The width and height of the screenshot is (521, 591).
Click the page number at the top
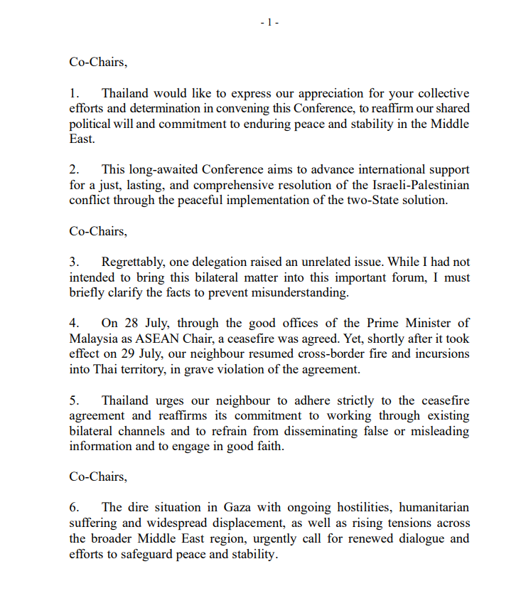click(x=269, y=23)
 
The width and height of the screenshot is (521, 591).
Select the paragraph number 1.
click(x=73, y=93)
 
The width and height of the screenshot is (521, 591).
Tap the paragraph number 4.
click(x=73, y=324)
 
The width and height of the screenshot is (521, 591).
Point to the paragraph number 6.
click(x=73, y=507)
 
